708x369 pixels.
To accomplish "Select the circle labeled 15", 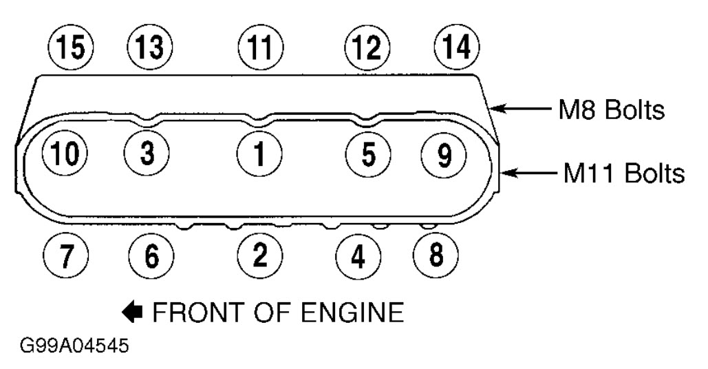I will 71,48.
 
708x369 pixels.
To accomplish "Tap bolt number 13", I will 150,48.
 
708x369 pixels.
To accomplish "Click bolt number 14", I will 457,48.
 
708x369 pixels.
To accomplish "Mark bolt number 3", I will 147,152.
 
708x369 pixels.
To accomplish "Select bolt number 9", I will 442,154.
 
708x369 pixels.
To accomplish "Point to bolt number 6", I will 151,257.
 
